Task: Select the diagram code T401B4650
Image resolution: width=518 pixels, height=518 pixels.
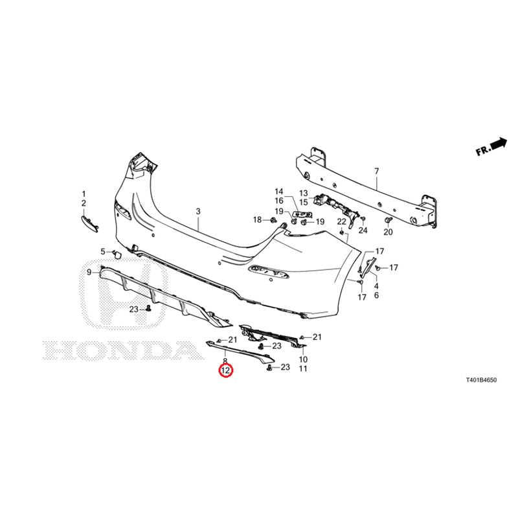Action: pos(480,380)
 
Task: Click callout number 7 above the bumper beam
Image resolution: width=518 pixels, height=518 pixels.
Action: pos(377,172)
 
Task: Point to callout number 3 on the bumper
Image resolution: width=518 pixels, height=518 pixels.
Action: pos(198,211)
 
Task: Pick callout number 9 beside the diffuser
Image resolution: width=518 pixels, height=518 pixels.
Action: pos(89,272)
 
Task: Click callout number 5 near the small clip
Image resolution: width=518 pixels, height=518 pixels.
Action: pos(103,252)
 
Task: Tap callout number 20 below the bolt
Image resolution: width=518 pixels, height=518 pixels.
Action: pos(388,232)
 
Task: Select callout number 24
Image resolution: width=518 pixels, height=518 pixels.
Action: pos(363,230)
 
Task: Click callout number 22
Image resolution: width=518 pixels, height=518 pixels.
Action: pos(341,221)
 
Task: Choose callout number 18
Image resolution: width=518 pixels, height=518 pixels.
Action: pos(257,220)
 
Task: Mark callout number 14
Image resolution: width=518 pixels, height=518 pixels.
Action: pos(279,191)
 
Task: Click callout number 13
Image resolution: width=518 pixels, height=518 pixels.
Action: pos(303,193)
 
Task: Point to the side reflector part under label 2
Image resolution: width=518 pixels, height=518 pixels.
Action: pos(90,224)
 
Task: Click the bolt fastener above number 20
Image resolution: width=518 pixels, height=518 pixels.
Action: pos(388,220)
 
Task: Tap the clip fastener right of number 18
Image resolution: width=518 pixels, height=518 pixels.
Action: pos(273,220)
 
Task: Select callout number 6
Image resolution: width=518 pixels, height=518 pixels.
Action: pos(376,295)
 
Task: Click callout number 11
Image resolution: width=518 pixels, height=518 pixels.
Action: pos(303,368)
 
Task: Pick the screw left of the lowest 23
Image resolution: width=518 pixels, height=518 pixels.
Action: pos(269,368)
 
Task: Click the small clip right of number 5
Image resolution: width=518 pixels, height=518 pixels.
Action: pos(117,254)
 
